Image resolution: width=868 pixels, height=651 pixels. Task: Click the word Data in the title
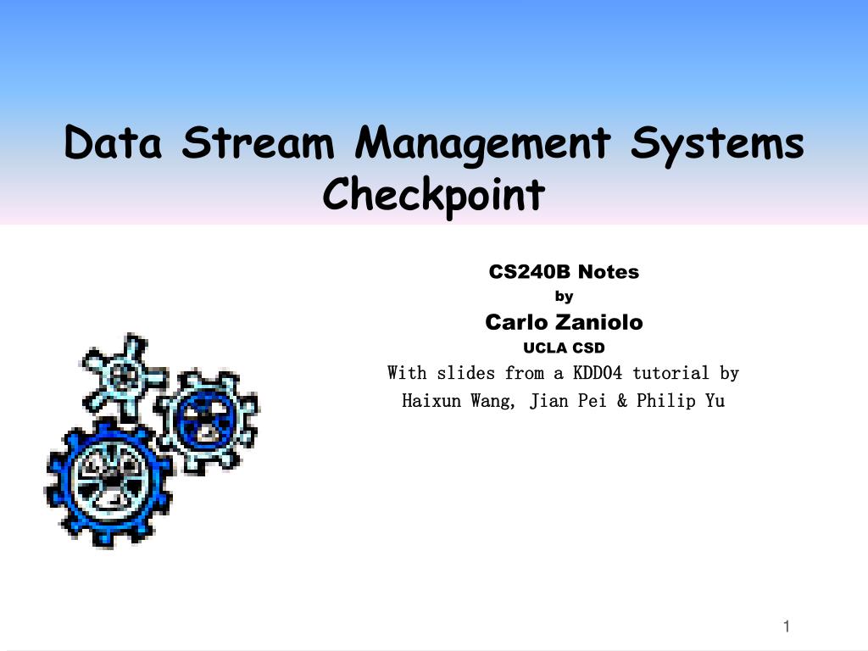coord(113,142)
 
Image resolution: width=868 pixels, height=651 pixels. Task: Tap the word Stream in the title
coord(258,142)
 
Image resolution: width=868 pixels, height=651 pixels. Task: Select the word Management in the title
coord(483,142)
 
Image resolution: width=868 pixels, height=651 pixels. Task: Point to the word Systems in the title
coord(717,142)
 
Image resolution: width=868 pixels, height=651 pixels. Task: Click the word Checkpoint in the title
coord(433,194)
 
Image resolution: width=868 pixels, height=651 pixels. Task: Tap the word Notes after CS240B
coord(609,272)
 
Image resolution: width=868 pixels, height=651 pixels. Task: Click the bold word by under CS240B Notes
coord(564,297)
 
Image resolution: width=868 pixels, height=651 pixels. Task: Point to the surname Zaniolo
coord(598,322)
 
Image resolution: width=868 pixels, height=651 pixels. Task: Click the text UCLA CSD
coord(564,348)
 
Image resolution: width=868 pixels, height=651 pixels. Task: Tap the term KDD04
coord(598,373)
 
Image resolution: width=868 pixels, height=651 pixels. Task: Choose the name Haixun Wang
coord(458,400)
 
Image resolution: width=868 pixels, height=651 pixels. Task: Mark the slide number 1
coord(787,626)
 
